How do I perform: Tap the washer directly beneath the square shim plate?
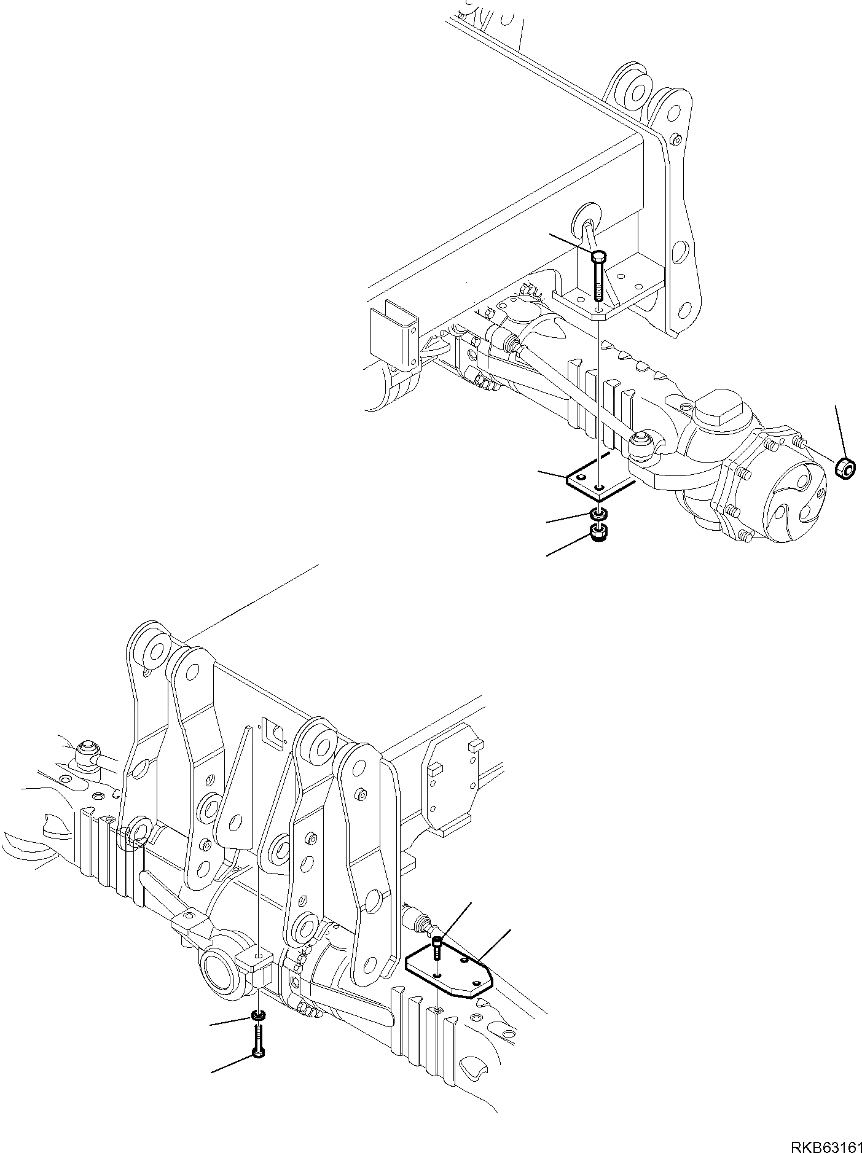[599, 513]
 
